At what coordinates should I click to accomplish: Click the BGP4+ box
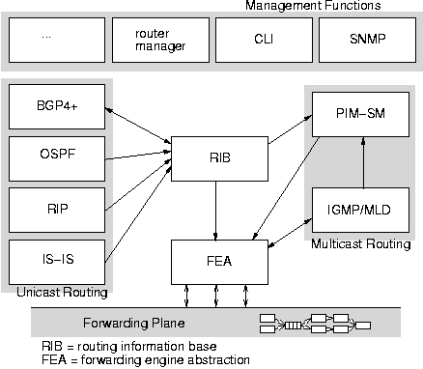pyautogui.click(x=54, y=105)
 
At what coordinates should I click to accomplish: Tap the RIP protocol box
pyautogui.click(x=54, y=209)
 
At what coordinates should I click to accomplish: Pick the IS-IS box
pyautogui.click(x=54, y=260)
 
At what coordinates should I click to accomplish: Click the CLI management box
pyautogui.click(x=260, y=40)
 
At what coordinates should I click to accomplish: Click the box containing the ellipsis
pyautogui.click(x=54, y=40)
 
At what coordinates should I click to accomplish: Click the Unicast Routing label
pyautogui.click(x=59, y=291)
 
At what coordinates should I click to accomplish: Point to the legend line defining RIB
pyautogui.click(x=128, y=346)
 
